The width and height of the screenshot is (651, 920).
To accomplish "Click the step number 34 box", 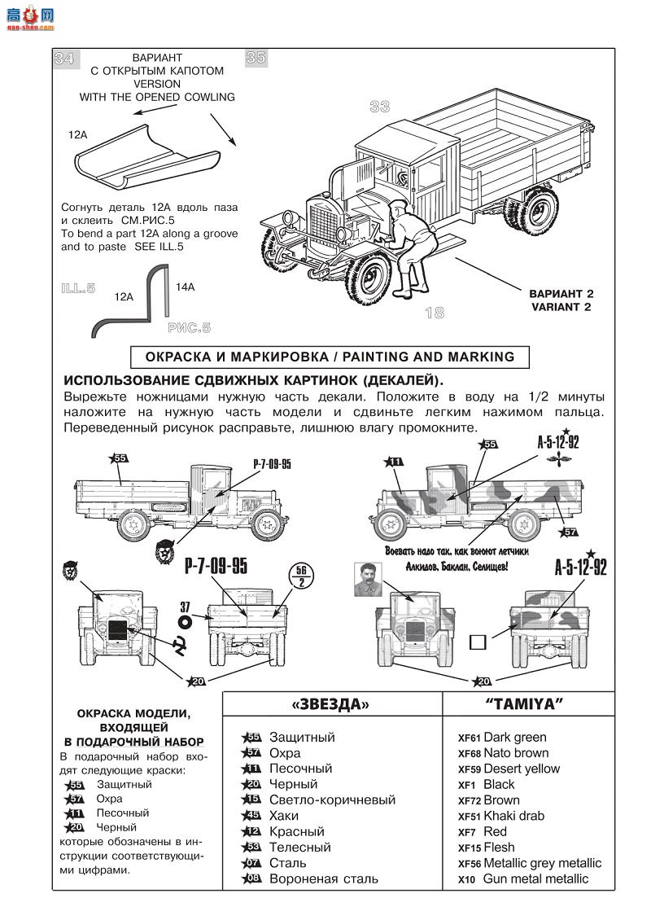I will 64,59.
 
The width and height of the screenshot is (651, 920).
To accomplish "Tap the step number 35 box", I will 256,58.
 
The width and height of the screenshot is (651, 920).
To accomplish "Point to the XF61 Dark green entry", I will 502,738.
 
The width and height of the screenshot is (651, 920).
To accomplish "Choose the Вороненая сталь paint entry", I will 312,879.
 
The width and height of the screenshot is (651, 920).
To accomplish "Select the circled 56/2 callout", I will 303,576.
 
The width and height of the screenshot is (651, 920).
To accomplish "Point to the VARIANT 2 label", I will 561,300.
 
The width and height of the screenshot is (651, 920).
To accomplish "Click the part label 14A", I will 185,287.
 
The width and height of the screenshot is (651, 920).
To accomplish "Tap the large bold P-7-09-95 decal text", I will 216,567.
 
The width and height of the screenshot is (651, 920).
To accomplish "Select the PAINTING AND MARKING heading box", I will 330,357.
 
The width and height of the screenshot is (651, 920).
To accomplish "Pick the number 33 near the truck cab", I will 379,107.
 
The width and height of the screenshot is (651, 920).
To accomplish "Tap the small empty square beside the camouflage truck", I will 478,642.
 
